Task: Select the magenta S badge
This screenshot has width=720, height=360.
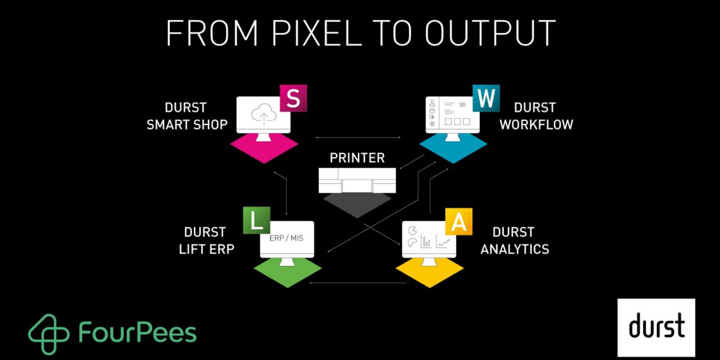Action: coord(293,99)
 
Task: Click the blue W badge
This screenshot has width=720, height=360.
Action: coord(486,99)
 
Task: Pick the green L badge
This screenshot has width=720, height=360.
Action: coord(256,220)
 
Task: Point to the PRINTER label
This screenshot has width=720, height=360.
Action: coord(357,157)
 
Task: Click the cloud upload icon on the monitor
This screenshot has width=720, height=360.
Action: coord(262,115)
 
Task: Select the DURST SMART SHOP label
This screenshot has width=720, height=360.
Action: coord(187,116)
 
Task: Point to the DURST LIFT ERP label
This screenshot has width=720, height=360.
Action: coord(207,240)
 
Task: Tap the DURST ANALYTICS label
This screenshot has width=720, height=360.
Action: coord(514,240)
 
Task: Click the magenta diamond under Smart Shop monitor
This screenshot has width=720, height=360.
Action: coord(263,149)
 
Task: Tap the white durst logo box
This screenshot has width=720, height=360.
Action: coord(656,327)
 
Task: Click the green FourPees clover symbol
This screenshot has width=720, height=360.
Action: coord(49,333)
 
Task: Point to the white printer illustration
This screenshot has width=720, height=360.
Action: coord(357,181)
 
